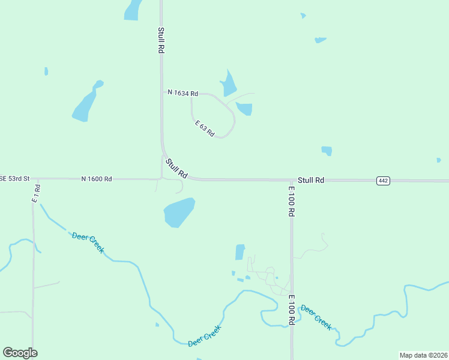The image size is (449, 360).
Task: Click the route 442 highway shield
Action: pos(384,181)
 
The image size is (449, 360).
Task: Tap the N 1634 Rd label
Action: pos(182,93)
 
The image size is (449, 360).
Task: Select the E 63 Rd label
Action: pos(205,128)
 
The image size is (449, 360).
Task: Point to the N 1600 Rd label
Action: pos(97,179)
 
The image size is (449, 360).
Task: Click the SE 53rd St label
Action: pos(14,179)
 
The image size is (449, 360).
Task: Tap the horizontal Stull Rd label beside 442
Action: pos(311,180)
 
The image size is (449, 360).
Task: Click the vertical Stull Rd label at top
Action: pos(161,41)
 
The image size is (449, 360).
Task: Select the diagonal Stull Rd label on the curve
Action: pos(177,168)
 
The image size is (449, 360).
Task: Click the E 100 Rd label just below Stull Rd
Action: pos(291,201)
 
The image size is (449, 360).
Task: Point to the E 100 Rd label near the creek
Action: pos(291,310)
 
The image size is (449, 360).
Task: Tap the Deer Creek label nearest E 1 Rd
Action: pos(88,242)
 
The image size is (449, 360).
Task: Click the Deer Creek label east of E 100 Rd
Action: pos(316,317)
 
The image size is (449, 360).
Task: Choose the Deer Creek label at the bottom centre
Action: pos(205,335)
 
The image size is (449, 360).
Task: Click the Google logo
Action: pos(20,353)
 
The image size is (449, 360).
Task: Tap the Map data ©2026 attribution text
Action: pos(423,355)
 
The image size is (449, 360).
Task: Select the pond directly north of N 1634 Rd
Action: pos(228,85)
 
